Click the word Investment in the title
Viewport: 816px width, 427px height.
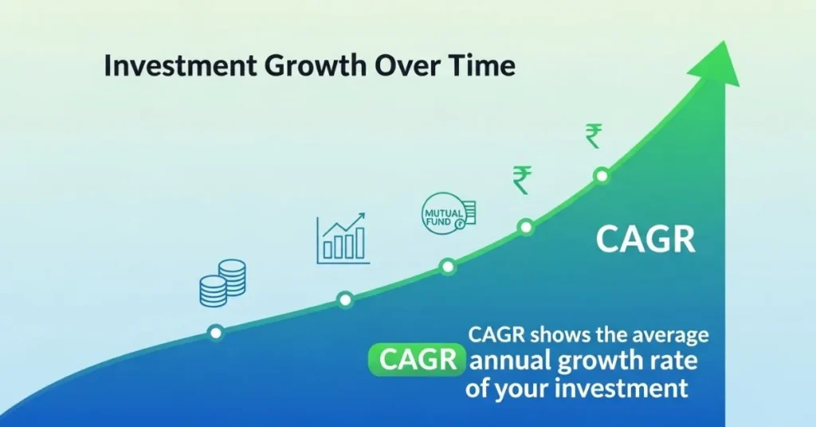[x=181, y=65]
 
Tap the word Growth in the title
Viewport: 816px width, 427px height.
[x=316, y=65]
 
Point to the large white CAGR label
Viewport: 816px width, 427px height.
[x=645, y=239]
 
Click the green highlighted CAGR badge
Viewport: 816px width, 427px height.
[x=417, y=359]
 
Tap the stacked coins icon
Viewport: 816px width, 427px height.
[x=223, y=283]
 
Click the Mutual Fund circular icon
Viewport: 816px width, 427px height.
[x=448, y=213]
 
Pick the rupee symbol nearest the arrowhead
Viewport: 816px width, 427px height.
[x=594, y=135]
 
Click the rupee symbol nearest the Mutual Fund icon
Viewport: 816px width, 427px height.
[x=522, y=179]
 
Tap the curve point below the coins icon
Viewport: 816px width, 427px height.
[x=215, y=332]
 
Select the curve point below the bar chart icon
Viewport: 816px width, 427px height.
[x=345, y=300]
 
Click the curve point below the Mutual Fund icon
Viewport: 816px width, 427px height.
[x=448, y=267]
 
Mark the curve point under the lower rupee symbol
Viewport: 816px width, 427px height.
[x=526, y=227]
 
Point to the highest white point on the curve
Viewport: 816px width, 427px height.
[x=602, y=176]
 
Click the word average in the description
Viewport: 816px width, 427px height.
[x=670, y=335]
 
